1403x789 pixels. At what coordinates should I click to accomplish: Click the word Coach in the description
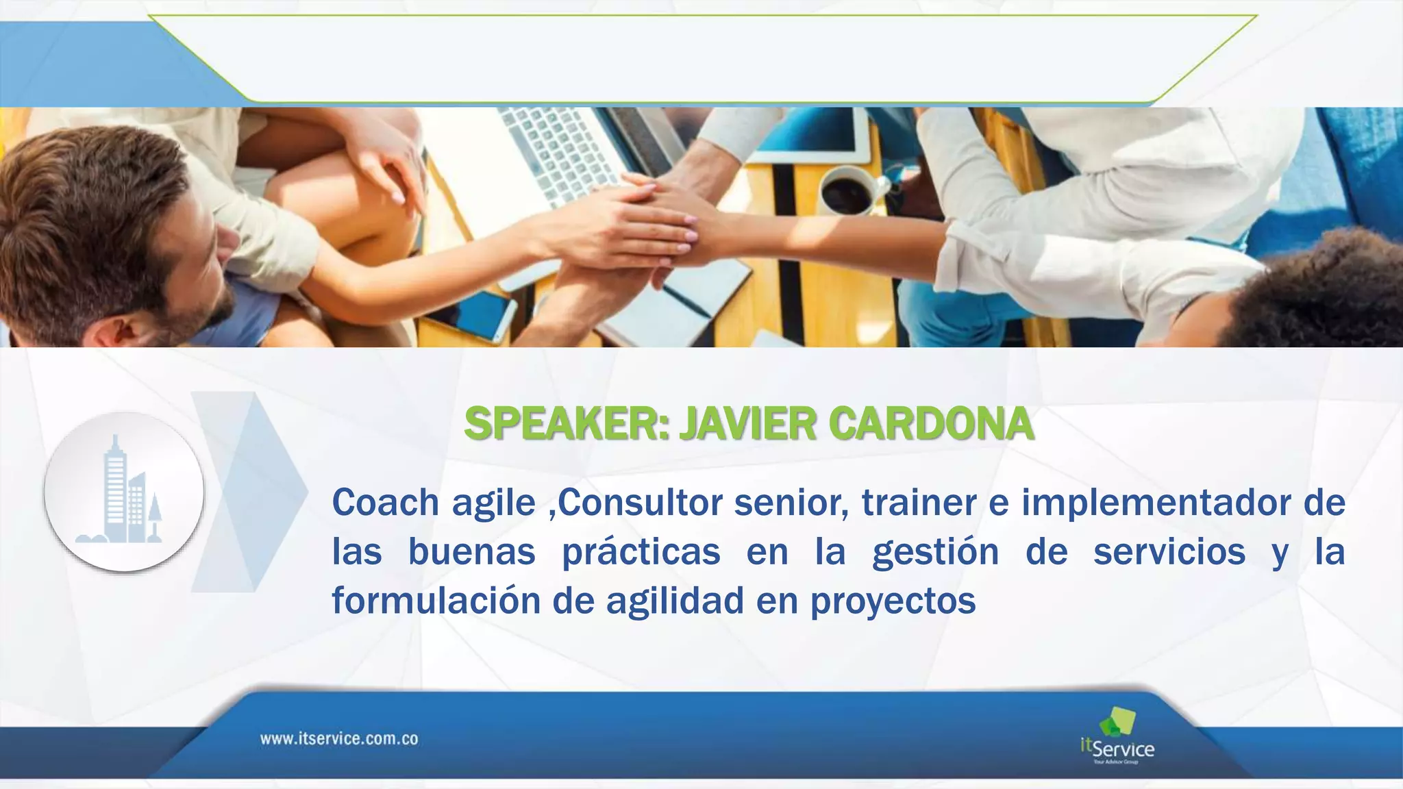coord(386,503)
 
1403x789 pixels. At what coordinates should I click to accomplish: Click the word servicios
coord(1169,552)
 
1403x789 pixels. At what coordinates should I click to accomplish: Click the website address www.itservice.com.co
coord(339,739)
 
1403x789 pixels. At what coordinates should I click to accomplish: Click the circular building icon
coord(124,492)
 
